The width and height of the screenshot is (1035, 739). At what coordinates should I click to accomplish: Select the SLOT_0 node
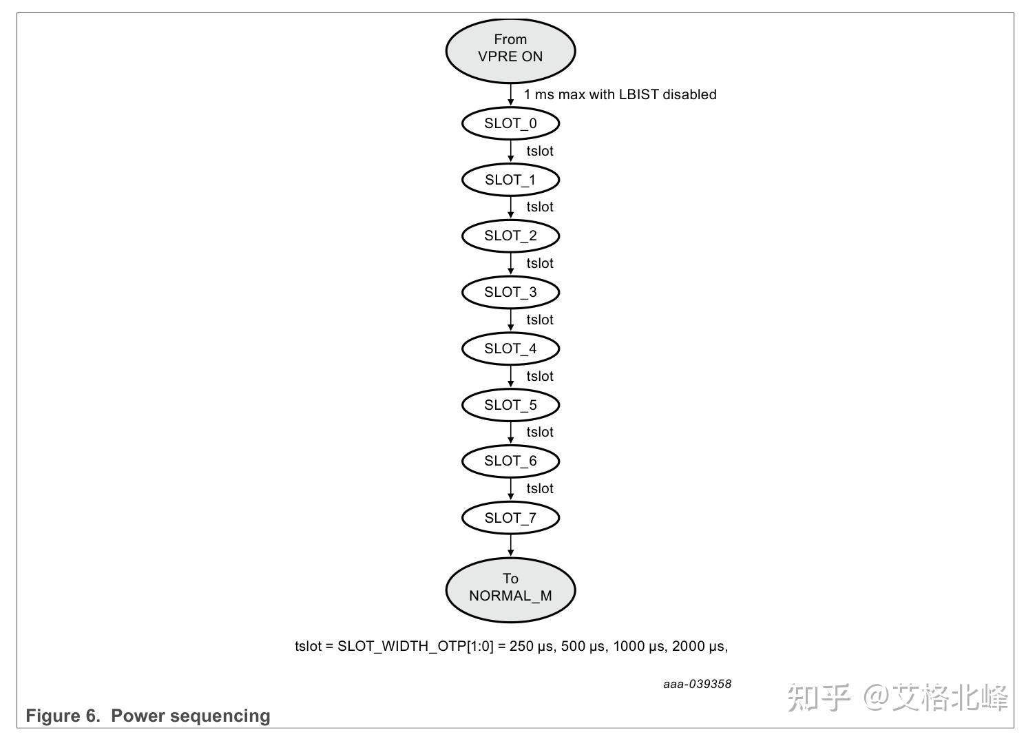510,124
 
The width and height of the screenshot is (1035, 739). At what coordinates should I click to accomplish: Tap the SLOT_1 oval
510,180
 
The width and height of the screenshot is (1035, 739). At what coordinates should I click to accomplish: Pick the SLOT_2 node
510,236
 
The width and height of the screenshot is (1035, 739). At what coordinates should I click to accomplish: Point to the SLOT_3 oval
510,293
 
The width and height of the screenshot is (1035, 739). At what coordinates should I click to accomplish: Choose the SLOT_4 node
510,349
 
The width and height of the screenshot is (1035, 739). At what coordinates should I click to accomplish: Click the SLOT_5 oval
510,405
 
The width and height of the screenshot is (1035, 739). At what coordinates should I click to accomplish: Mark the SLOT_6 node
510,461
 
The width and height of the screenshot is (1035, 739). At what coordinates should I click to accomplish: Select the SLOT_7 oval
510,518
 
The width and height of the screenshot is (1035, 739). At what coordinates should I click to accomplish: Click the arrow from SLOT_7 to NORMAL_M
510,545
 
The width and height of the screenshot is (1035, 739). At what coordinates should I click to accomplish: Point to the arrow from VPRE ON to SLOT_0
510,94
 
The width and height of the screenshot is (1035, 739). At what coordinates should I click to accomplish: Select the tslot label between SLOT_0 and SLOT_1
540,152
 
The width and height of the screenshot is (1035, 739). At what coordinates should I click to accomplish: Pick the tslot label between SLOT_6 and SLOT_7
540,489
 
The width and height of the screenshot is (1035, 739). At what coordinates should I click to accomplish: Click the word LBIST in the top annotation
638,95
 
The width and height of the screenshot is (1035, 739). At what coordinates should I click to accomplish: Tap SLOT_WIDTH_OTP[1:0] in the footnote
415,647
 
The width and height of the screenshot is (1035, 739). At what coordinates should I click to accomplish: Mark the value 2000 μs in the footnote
698,647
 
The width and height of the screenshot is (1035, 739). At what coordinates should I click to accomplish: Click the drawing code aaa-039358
697,684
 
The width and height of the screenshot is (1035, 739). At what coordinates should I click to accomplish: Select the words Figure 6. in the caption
63,716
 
